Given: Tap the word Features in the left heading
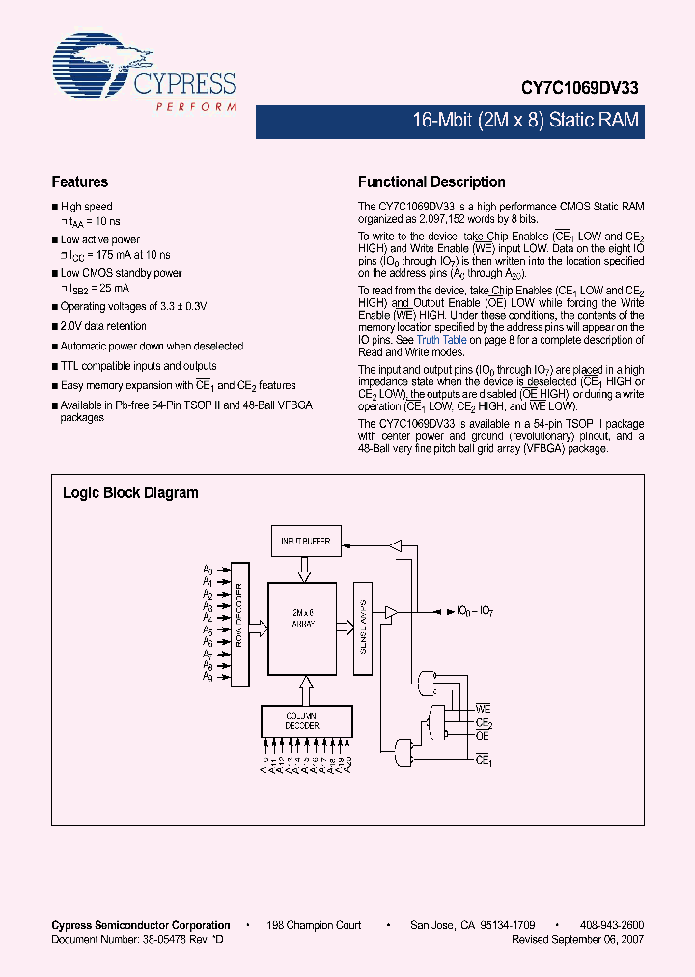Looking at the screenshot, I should click(x=79, y=181).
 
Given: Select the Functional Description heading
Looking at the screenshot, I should click(x=431, y=181).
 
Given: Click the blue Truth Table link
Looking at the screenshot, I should click(x=441, y=340).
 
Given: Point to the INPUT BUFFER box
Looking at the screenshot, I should click(x=305, y=542).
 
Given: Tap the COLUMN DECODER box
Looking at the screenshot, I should click(x=303, y=720).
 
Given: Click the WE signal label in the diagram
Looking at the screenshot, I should click(x=484, y=710).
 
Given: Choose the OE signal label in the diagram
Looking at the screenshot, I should click(x=483, y=736).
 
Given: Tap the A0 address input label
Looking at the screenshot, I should click(x=208, y=571).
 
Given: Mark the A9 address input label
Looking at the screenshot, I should click(x=208, y=676).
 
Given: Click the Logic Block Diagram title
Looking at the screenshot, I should click(x=130, y=492).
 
